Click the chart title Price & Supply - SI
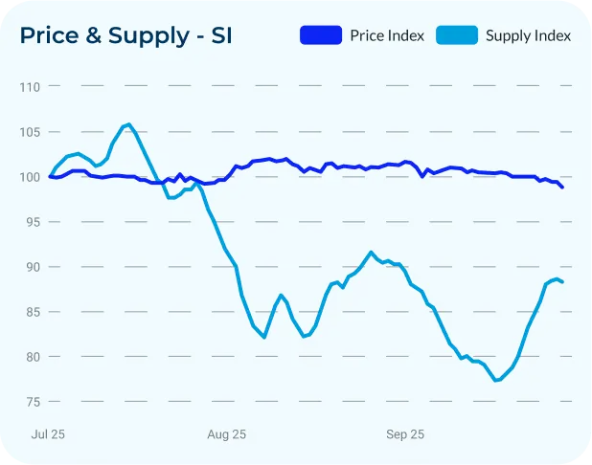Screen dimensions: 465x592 point(125,36)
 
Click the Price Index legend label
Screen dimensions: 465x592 point(387,36)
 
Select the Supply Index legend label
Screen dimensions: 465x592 point(528,36)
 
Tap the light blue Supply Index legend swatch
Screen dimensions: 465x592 point(457,36)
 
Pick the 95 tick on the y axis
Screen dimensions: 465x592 point(32,222)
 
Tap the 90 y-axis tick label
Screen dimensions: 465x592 point(32,267)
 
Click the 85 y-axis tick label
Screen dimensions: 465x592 point(32,312)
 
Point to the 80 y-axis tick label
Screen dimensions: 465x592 point(32,357)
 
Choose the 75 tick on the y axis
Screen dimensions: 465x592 point(32,402)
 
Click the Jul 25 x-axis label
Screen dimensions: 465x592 point(50,434)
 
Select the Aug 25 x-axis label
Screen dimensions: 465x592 point(227,434)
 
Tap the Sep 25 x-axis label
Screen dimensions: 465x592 point(405,434)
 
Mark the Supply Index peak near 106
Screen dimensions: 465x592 point(128,124)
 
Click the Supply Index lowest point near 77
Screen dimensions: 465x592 point(497,381)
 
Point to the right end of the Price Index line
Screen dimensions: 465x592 point(562,188)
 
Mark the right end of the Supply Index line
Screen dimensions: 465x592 point(562,281)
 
